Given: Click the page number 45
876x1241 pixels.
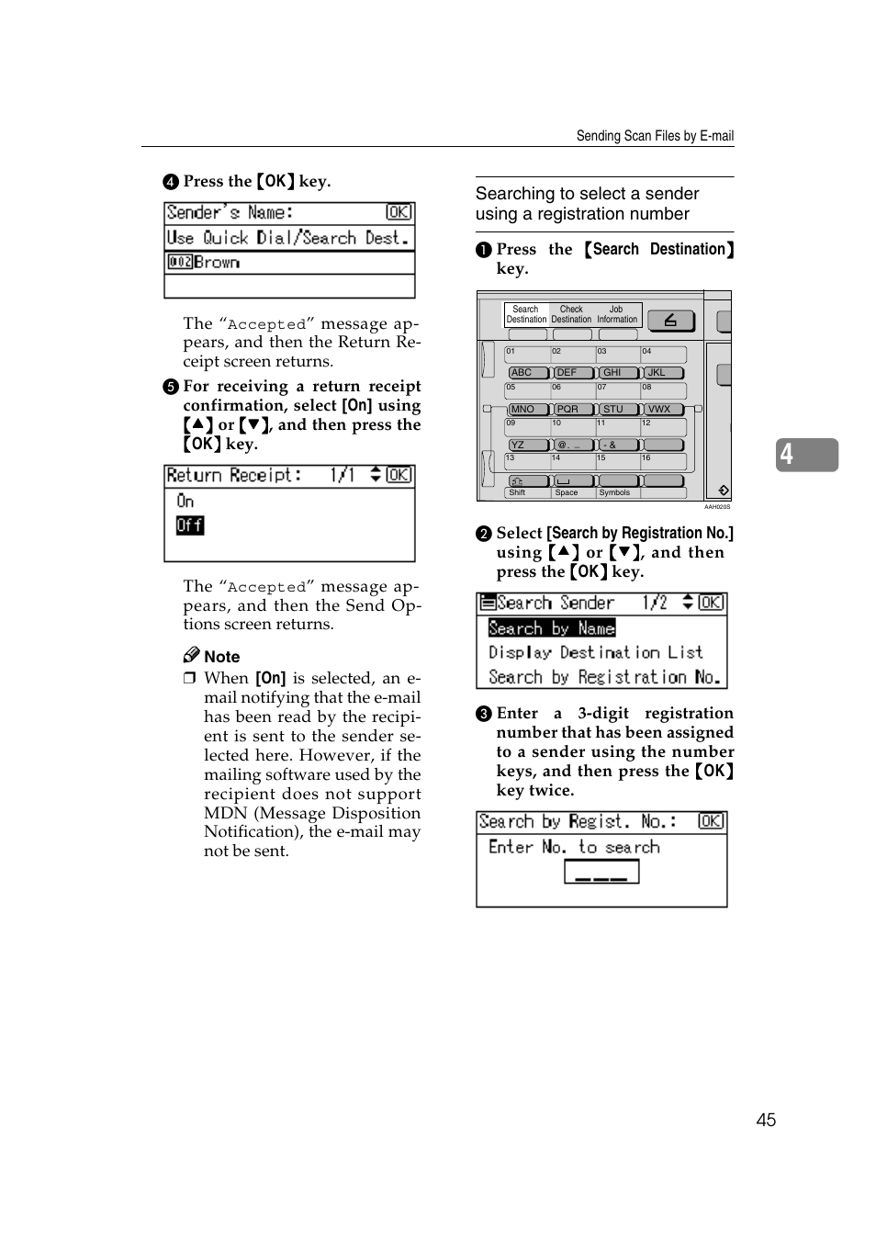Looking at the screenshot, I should pyautogui.click(x=766, y=1120).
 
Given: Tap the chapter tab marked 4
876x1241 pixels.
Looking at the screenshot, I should pyautogui.click(x=806, y=455).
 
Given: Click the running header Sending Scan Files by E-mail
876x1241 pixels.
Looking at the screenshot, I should pyautogui.click(x=655, y=136).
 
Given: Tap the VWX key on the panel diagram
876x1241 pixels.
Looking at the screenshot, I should pyautogui.click(x=662, y=410).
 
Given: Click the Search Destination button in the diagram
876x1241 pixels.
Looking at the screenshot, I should pyautogui.click(x=526, y=314).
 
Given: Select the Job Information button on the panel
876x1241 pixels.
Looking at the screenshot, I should pyautogui.click(x=617, y=314).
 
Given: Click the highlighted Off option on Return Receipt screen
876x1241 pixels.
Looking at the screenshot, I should pyautogui.click(x=190, y=525).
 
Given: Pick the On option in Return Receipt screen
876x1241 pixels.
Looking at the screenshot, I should pyautogui.click(x=185, y=501).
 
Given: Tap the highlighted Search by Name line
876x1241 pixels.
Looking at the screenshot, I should pyautogui.click(x=551, y=628).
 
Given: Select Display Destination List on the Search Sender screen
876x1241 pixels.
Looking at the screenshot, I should pyautogui.click(x=595, y=652).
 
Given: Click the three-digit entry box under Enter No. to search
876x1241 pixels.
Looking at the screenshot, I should pyautogui.click(x=601, y=872).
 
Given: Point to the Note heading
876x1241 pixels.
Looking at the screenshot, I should pyautogui.click(x=221, y=657).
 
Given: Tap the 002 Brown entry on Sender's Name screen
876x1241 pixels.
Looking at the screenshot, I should pyautogui.click(x=204, y=263).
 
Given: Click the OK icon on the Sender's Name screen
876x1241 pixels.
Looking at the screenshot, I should pyautogui.click(x=399, y=212).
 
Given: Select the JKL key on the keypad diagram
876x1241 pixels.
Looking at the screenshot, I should pyautogui.click(x=662, y=373).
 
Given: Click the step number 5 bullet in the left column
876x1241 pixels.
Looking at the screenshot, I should pyautogui.click(x=171, y=387).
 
